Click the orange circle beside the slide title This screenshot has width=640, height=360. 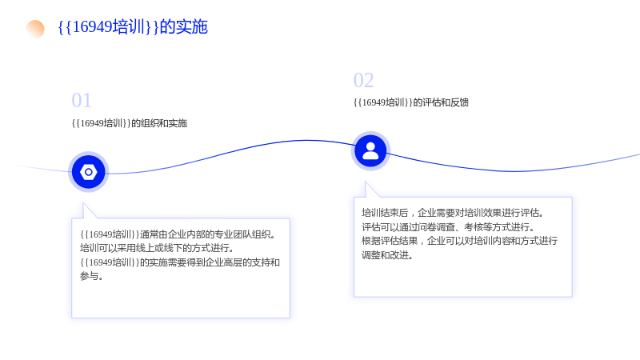[35, 29]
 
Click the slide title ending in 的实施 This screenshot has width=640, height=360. [133, 27]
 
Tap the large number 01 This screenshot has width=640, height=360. [82, 101]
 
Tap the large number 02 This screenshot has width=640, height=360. [363, 80]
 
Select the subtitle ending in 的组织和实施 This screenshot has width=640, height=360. [130, 123]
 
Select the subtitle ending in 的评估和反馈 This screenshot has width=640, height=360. [411, 102]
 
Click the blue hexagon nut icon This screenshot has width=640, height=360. [89, 172]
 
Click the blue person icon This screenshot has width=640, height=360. [370, 151]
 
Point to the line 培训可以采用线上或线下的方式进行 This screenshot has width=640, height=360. [157, 248]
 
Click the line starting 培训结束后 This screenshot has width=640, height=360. [453, 213]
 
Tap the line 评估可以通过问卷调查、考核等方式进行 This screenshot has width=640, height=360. [448, 227]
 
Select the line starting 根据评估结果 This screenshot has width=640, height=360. [459, 241]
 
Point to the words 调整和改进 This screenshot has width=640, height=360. [387, 255]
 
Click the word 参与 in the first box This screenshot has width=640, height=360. [89, 276]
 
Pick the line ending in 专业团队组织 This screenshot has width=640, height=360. [178, 234]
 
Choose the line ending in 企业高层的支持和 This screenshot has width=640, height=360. [179, 262]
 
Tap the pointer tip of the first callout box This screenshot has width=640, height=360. [83, 203]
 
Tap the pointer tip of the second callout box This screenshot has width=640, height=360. [366, 182]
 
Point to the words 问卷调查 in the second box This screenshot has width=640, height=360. [436, 227]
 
